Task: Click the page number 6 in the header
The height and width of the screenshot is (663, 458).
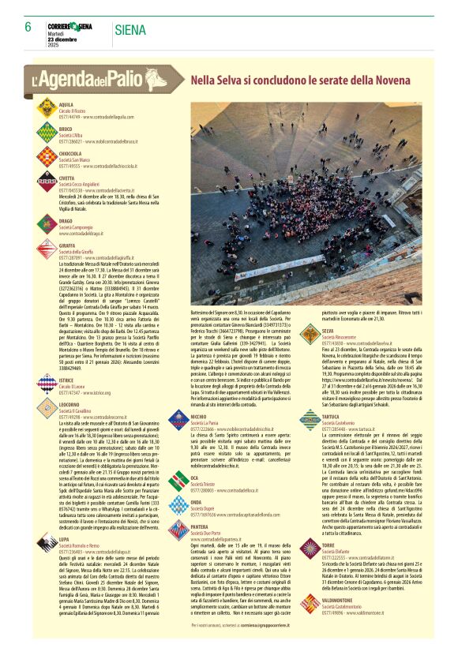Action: (28, 26)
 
